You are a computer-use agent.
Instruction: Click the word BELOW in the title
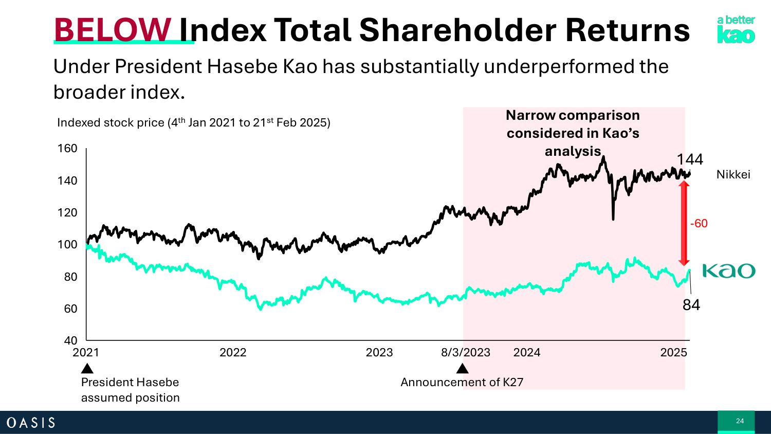(113, 30)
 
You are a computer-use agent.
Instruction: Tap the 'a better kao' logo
(736, 29)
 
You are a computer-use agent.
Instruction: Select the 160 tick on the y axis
(67, 149)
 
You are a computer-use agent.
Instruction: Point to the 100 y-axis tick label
(67, 244)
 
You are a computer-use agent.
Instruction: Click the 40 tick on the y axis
(70, 340)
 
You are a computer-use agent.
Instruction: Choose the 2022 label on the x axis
(233, 353)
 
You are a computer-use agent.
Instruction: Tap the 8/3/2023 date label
(466, 353)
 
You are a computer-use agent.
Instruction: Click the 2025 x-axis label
(673, 353)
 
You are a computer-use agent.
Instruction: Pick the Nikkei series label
(733, 175)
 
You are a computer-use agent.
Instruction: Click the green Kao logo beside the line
(728, 270)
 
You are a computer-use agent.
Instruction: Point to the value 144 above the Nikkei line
(689, 159)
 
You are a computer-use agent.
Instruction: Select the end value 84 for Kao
(691, 305)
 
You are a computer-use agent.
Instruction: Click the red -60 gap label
(699, 224)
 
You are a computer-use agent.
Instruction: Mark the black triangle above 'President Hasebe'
(87, 369)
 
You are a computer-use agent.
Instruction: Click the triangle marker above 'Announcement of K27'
(463, 369)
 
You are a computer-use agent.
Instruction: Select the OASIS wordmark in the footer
(31, 423)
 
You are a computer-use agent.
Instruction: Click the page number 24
(740, 421)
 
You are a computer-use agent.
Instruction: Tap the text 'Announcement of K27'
(462, 383)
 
